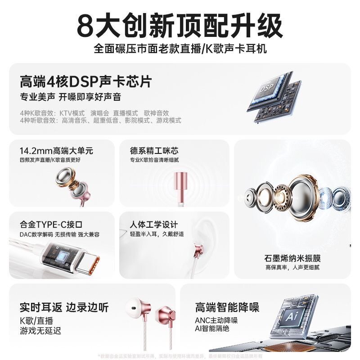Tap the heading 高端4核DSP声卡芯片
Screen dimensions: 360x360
coord(86,82)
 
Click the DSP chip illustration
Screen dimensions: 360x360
coord(274,97)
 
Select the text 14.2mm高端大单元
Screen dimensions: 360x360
coord(56,150)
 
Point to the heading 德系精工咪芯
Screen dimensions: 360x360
coord(154,150)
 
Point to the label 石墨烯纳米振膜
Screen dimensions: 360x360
coord(292,258)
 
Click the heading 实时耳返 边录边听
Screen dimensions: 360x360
coord(64,308)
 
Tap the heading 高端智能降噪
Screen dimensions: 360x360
coord(227,308)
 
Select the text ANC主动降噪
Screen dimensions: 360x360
coord(216,321)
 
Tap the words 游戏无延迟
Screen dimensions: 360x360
coord(40,331)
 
